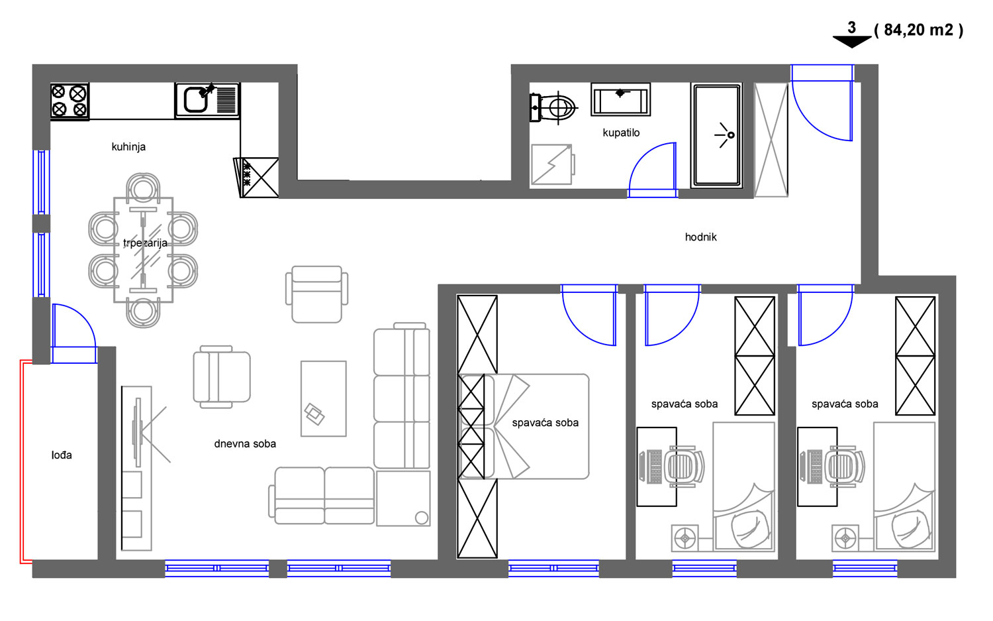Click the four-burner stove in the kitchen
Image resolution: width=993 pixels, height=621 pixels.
[x=70, y=101]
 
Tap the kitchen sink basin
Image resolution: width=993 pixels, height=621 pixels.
[x=195, y=100]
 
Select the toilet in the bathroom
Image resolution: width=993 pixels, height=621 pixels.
[x=553, y=107]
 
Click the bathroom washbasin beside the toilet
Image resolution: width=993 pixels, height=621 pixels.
[x=621, y=99]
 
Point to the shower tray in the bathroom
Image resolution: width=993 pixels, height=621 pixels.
[x=717, y=135]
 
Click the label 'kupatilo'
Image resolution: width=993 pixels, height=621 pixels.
[x=621, y=133]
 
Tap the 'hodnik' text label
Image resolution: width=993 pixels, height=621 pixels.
[x=700, y=237]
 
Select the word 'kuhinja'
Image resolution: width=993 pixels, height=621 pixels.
[x=128, y=146]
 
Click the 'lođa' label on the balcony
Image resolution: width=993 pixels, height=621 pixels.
[x=62, y=455]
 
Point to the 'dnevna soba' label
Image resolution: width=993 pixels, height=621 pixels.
[x=245, y=443]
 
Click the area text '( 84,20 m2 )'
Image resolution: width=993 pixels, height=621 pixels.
[x=919, y=30]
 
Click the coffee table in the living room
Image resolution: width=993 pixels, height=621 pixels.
[x=324, y=398]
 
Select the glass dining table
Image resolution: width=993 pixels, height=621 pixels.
[x=143, y=250]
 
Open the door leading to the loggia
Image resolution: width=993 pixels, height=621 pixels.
[x=74, y=333]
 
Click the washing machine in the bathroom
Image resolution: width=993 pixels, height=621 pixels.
[x=552, y=164]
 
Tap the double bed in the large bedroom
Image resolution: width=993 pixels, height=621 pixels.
[x=524, y=427]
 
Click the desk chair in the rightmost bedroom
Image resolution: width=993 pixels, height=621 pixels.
[x=846, y=467]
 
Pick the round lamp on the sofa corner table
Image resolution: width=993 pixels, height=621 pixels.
[x=422, y=518]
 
